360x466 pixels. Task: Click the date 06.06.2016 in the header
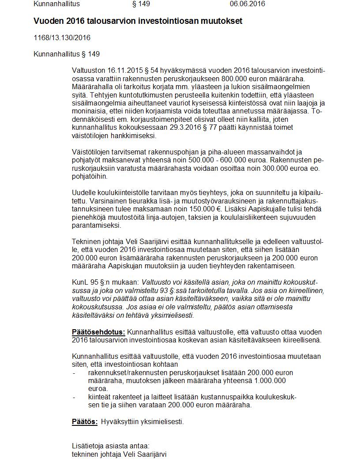pyautogui.click(x=247, y=4)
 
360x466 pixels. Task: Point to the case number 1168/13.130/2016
pyautogui.click(x=62, y=38)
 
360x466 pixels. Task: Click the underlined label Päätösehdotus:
pyautogui.click(x=98, y=332)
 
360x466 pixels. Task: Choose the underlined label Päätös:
pyautogui.click(x=85, y=421)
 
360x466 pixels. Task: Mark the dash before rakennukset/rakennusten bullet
pyautogui.click(x=74, y=373)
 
